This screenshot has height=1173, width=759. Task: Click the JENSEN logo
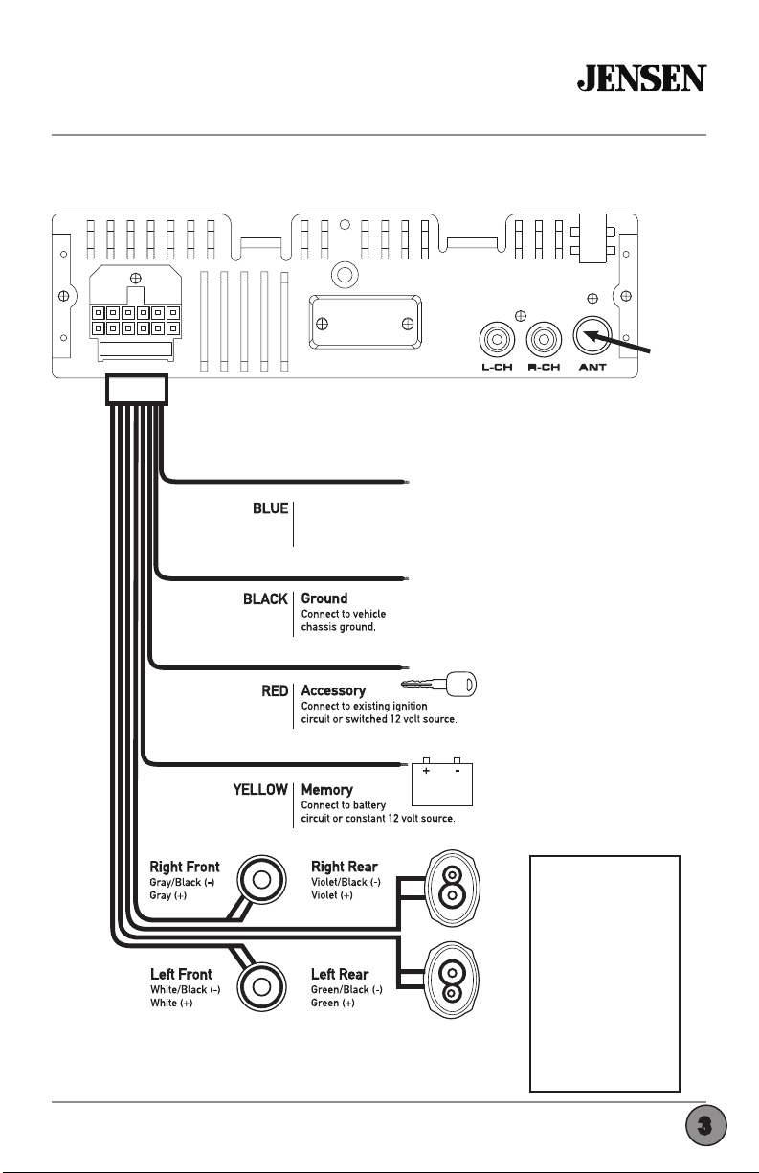[641, 78]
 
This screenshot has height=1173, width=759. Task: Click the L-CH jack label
[497, 367]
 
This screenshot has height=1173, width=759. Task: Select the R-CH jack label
[544, 367]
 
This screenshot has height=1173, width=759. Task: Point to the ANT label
[592, 367]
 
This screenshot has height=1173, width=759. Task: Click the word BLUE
[270, 508]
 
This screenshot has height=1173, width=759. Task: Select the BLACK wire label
[265, 599]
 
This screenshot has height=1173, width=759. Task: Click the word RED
[275, 691]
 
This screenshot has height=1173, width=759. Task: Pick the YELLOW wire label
[260, 790]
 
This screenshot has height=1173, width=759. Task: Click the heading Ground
[324, 598]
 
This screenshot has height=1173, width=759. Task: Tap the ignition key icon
[438, 684]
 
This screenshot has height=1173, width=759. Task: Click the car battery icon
[442, 781]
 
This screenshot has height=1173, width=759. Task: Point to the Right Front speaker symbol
[261, 880]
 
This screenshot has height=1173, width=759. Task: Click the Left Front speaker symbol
[261, 987]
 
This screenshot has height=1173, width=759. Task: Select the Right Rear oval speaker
[451, 889]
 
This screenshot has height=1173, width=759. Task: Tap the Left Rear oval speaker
[451, 981]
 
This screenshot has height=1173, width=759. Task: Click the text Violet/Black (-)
[346, 882]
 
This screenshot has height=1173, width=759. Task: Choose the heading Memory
[326, 790]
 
